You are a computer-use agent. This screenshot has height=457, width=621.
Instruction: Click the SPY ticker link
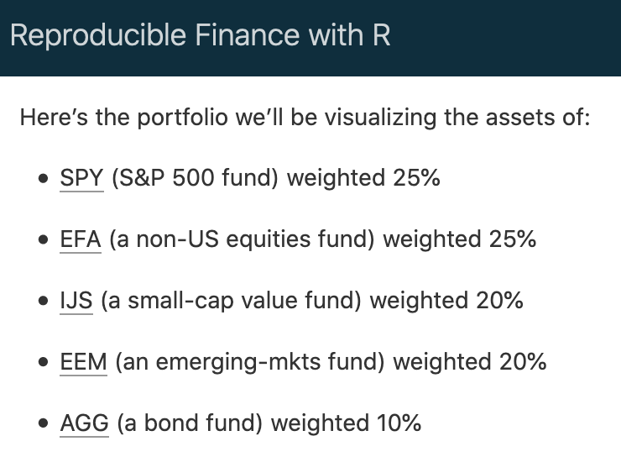(x=81, y=177)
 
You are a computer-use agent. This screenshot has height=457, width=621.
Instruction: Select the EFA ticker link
(x=81, y=239)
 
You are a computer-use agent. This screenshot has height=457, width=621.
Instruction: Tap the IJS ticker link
(x=76, y=301)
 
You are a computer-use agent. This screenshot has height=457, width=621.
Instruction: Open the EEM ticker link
(x=84, y=362)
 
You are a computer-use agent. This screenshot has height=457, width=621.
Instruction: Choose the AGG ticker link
(x=85, y=423)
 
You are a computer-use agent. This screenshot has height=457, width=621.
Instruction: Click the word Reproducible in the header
(x=98, y=35)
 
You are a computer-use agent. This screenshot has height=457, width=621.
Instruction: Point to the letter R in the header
(x=381, y=35)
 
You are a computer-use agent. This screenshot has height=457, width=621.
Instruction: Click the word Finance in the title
(x=248, y=35)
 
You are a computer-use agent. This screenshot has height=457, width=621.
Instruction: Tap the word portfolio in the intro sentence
(x=183, y=118)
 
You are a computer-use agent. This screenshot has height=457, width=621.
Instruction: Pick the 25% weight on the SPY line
(x=416, y=177)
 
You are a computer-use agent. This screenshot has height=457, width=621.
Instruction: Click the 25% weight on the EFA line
(x=513, y=239)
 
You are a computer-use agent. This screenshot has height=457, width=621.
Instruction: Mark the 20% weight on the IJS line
(x=499, y=301)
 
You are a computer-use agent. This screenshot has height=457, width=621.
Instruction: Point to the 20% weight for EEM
(x=523, y=362)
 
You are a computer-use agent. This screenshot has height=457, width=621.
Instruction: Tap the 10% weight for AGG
(x=399, y=423)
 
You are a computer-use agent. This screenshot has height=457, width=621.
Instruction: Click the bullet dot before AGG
(x=44, y=423)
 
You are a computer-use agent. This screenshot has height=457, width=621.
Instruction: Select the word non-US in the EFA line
(x=177, y=239)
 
